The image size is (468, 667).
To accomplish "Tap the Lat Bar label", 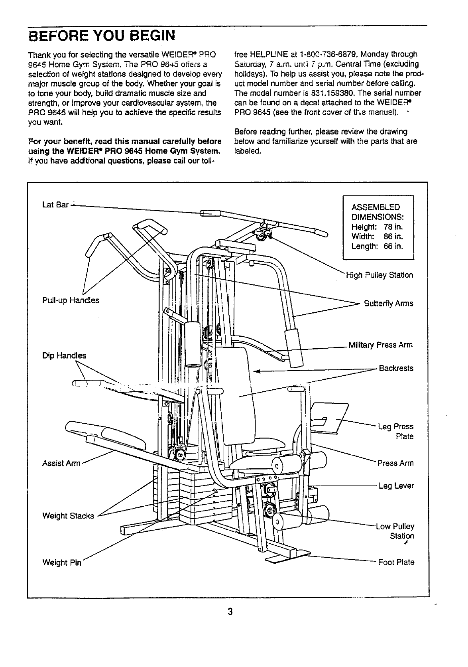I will point(55,205).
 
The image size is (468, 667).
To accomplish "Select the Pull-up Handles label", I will point(71,300).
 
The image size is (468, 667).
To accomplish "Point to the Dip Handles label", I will point(64,355).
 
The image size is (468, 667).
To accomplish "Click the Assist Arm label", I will point(61,463).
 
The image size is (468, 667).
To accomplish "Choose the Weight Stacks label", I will point(68,516).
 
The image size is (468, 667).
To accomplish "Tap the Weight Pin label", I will point(62,563).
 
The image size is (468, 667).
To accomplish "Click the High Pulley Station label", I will point(379,275).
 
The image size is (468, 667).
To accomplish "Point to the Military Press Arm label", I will point(380,345).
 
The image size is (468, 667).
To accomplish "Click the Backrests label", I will point(396,368).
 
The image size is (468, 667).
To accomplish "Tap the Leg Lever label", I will point(396,485).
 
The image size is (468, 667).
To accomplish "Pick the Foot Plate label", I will point(396,562).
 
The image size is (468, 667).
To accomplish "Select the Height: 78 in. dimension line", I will point(377,227).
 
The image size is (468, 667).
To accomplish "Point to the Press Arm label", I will point(395,463).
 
